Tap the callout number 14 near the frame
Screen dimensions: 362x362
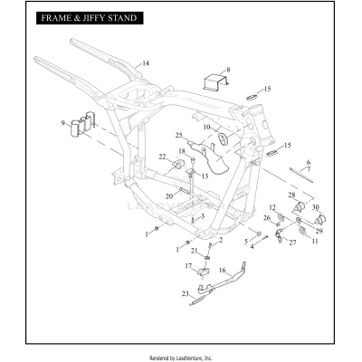tap(145, 62)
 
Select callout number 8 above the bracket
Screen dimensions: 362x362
tap(228, 69)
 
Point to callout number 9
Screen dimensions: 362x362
tap(63, 123)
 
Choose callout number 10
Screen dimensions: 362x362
tap(206, 127)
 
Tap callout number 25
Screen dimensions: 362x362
tap(179, 134)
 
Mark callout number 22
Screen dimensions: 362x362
tap(163, 157)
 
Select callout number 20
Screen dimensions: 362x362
tap(169, 195)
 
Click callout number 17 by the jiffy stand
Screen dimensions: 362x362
tap(188, 265)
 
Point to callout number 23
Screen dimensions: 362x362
tap(186, 292)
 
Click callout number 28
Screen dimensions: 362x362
tap(291, 195)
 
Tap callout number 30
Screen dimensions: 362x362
tap(316, 207)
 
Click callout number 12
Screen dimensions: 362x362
tap(272, 208)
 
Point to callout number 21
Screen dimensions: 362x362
tap(193, 250)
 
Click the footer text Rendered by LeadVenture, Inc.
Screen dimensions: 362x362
tap(181, 357)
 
